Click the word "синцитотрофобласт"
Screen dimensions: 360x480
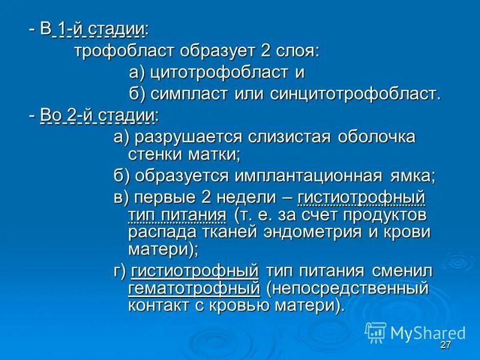[x=355, y=94]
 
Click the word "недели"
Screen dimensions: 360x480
[x=251, y=197]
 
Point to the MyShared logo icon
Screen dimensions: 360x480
[x=376, y=332]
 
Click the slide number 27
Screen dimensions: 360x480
[x=445, y=345]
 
